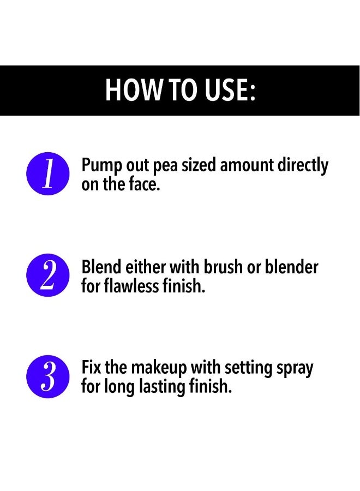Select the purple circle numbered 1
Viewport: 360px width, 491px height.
click(x=48, y=173)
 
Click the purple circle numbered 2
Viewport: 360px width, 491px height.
click(x=48, y=275)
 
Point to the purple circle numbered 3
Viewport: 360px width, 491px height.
click(x=48, y=376)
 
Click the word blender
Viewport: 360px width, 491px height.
click(x=292, y=267)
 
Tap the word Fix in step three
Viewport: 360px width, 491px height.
click(x=92, y=367)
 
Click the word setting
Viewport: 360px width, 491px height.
click(x=249, y=369)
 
